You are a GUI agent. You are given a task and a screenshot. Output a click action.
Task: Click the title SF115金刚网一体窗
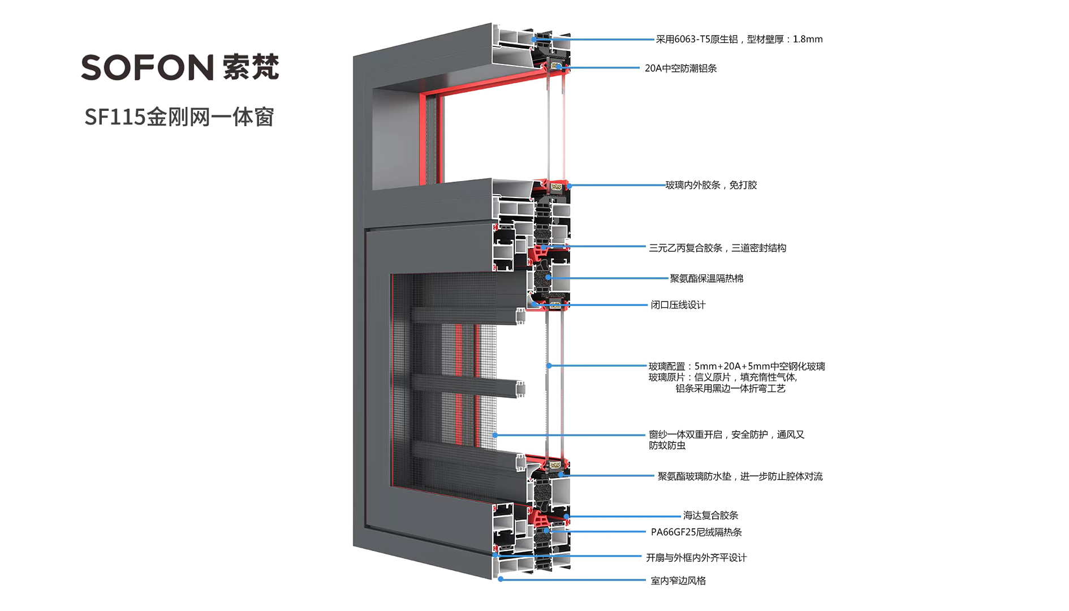pyautogui.click(x=179, y=117)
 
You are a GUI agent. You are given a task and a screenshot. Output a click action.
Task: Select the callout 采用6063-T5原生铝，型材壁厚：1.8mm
pyautogui.click(x=739, y=39)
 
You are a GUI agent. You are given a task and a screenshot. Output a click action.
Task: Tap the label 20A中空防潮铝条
pyautogui.click(x=680, y=68)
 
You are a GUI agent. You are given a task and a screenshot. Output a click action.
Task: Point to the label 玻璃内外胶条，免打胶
pyautogui.click(x=710, y=185)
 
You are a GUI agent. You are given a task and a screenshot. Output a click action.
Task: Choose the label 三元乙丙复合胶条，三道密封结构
pyautogui.click(x=717, y=248)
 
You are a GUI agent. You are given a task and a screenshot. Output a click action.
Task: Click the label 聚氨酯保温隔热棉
pyautogui.click(x=706, y=278)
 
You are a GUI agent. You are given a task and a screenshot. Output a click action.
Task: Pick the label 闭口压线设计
pyautogui.click(x=678, y=305)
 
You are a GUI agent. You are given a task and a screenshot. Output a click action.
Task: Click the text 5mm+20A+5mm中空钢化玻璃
pyautogui.click(x=759, y=366)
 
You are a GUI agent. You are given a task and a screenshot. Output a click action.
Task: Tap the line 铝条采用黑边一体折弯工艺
pyautogui.click(x=730, y=389)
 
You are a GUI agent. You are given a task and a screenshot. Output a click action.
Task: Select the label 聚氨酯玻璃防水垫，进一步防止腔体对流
pyautogui.click(x=739, y=476)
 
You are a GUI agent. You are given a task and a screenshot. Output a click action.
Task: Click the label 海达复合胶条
pyautogui.click(x=710, y=515)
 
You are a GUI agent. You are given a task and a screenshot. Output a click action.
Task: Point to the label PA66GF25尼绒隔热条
pyautogui.click(x=696, y=532)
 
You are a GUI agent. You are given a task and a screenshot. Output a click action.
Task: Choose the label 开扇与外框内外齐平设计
pyautogui.click(x=696, y=558)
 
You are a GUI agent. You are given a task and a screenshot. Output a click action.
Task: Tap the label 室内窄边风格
pyautogui.click(x=678, y=580)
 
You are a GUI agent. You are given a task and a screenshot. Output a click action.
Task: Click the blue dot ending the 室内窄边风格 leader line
pyautogui.click(x=501, y=579)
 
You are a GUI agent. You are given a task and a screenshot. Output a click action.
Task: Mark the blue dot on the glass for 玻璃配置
pyautogui.click(x=549, y=366)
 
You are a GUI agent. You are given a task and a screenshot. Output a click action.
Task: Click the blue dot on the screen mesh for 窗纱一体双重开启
pyautogui.click(x=495, y=435)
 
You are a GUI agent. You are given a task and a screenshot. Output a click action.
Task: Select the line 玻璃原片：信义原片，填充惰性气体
pyautogui.click(x=722, y=377)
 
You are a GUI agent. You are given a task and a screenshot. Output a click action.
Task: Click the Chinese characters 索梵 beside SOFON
pyautogui.click(x=251, y=67)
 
